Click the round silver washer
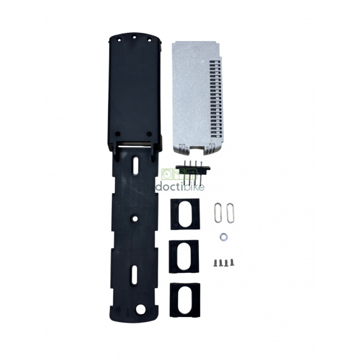tap(222, 237)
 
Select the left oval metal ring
tap(218, 212)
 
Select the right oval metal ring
tap(229, 212)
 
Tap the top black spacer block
tap(184, 214)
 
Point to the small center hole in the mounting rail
tap(135, 219)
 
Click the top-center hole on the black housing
tap(133, 37)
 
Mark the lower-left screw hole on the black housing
tap(118, 134)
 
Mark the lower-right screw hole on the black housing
tap(148, 134)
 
